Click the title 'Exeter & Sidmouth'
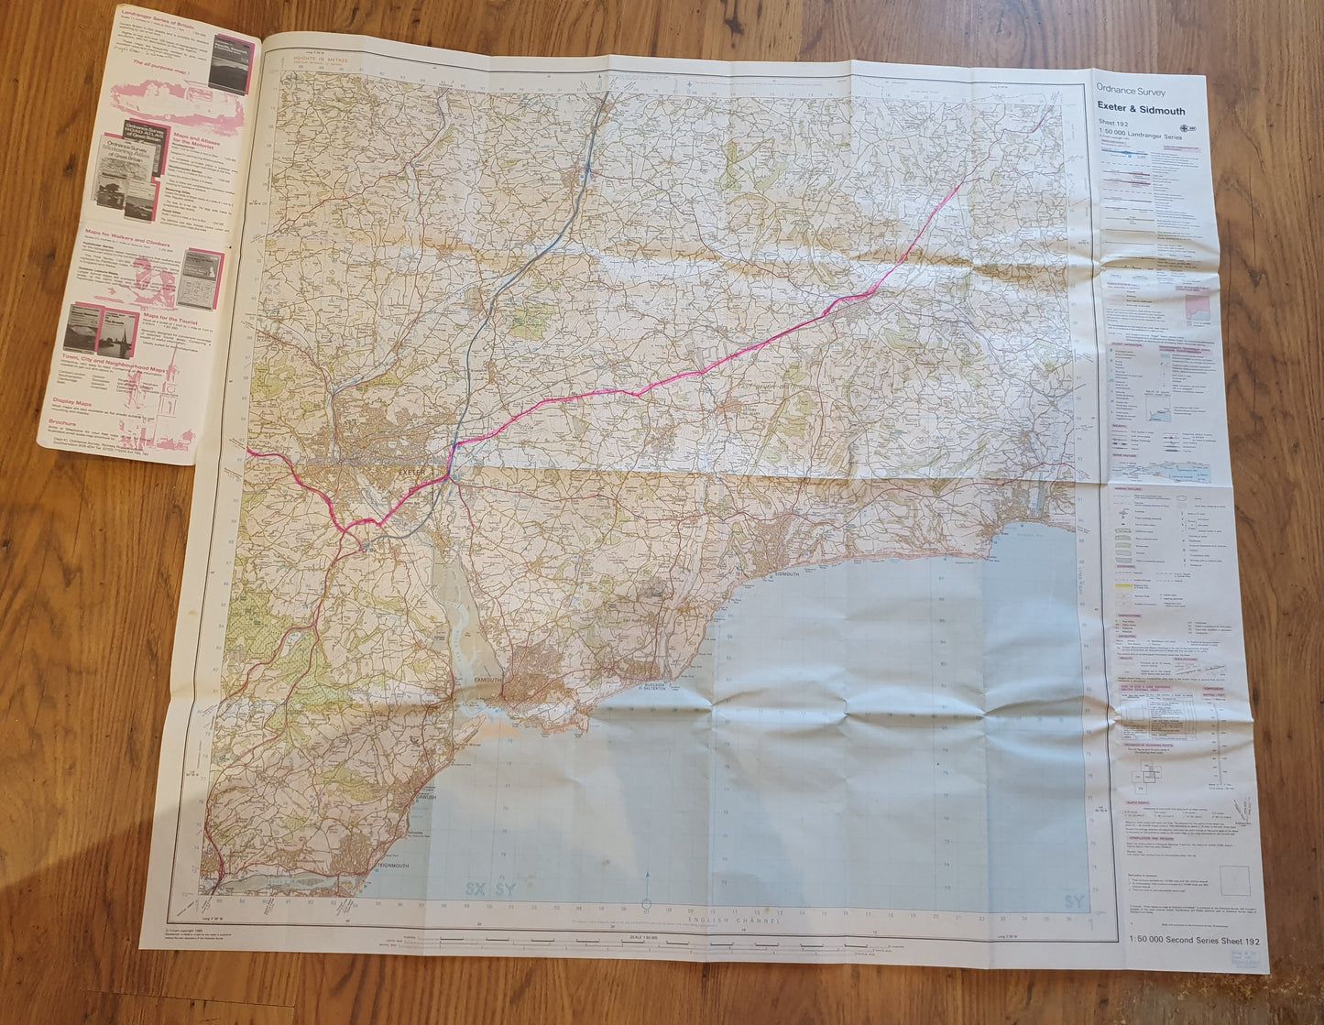(x=1141, y=110)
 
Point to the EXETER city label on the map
(x=414, y=471)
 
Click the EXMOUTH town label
(x=488, y=680)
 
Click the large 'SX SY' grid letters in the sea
(x=489, y=889)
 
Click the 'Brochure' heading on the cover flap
(x=65, y=423)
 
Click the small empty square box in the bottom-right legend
(x=1233, y=880)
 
